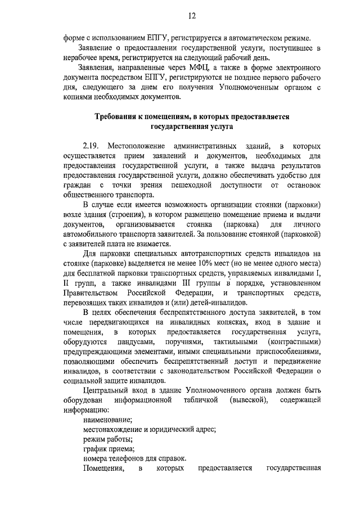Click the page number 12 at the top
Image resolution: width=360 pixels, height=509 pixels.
(x=191, y=16)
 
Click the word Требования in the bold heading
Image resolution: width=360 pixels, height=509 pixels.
(x=119, y=116)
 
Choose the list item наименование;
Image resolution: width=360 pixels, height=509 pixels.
(x=108, y=420)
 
